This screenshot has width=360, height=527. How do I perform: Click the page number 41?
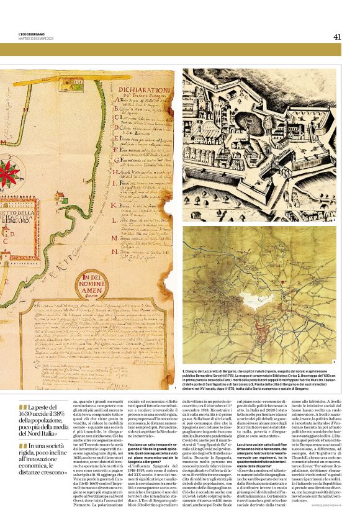[x=337, y=37]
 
